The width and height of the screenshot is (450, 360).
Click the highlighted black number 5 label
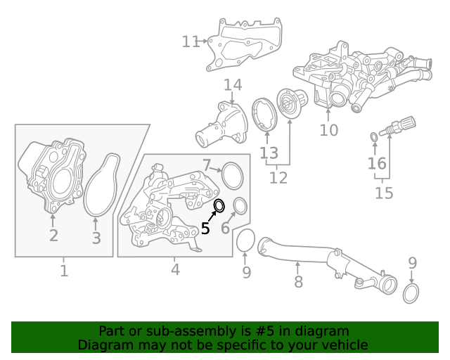(205, 229)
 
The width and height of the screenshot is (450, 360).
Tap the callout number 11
(191, 41)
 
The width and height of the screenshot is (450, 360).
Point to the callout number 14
(233, 85)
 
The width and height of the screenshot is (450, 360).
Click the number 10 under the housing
(329, 130)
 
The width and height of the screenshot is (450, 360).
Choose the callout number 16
(377, 163)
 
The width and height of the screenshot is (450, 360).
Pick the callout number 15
(384, 193)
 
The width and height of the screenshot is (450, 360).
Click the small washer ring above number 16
(374, 137)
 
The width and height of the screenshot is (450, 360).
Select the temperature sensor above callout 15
(398, 126)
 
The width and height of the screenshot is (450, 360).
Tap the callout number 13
(269, 153)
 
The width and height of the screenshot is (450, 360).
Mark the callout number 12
(278, 178)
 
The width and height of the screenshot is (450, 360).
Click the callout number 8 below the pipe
(298, 281)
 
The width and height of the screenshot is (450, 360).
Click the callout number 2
(53, 236)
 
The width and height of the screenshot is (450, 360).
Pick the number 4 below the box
(175, 269)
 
